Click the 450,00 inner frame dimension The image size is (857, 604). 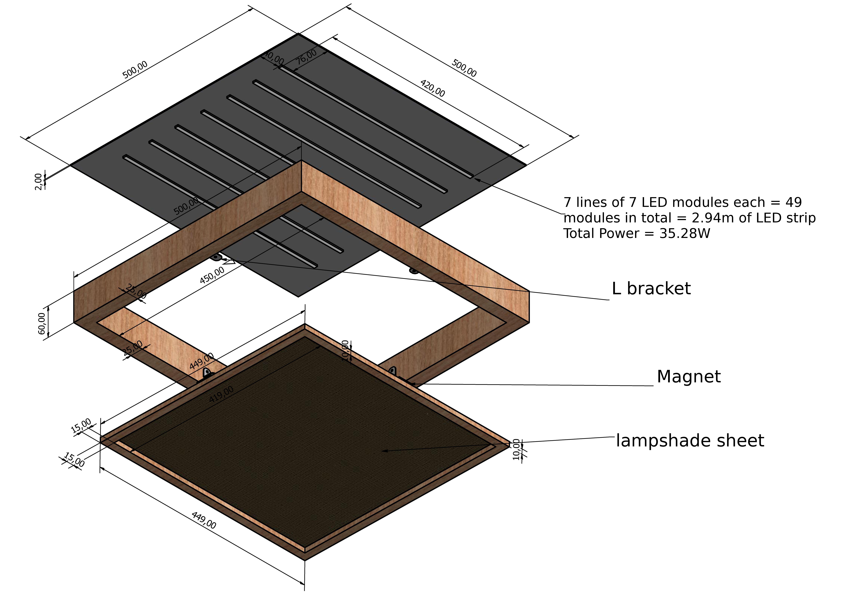212,275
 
